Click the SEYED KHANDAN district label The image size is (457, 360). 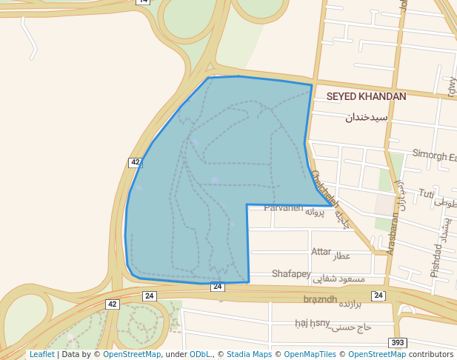click(x=366, y=96)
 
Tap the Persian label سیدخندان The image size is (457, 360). click(x=367, y=117)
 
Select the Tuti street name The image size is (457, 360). click(x=427, y=194)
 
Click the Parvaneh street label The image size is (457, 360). click(x=284, y=207)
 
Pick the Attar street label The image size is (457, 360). click(x=321, y=252)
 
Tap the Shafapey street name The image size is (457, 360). click(x=291, y=274)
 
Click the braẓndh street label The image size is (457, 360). click(x=320, y=299)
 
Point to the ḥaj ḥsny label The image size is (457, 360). click(x=311, y=322)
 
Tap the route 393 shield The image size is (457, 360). click(x=398, y=342)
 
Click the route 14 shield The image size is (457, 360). click(x=143, y=2)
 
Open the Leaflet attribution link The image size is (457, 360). click(x=41, y=354)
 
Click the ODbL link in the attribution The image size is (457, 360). click(x=200, y=354)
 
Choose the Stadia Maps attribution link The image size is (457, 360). click(x=249, y=354)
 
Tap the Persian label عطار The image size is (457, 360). click(x=341, y=256)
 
